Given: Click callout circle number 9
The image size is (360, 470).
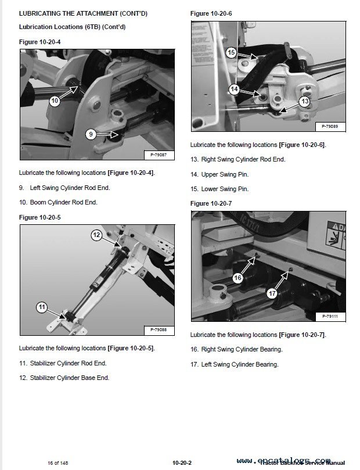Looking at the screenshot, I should (91, 134).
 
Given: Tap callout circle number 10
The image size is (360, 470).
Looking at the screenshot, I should (55, 101).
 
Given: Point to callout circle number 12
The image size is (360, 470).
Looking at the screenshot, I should (96, 235).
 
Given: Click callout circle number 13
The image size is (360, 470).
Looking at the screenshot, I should (304, 101).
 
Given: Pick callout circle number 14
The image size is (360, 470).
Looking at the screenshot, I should (234, 89).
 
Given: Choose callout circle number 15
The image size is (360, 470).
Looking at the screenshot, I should (231, 53).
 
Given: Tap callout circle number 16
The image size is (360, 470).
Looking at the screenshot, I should (237, 278).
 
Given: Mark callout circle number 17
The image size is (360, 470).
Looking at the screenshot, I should (272, 293).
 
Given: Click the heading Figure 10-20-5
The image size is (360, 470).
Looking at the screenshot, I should (39, 217).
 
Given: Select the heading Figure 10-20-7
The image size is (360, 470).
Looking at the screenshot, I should (211, 203).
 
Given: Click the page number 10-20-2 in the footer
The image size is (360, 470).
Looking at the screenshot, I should (182, 462).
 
